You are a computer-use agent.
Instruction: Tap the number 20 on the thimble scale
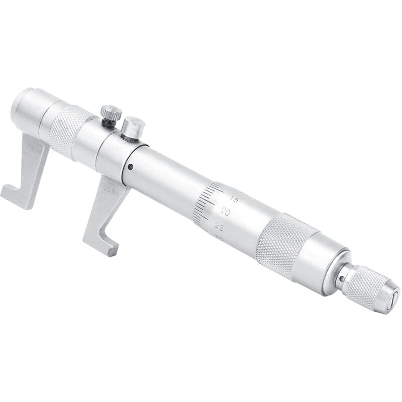pos(226,213)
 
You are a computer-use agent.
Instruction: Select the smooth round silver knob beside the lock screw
pos(133,127)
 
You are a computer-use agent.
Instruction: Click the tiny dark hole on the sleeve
pos(131,167)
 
